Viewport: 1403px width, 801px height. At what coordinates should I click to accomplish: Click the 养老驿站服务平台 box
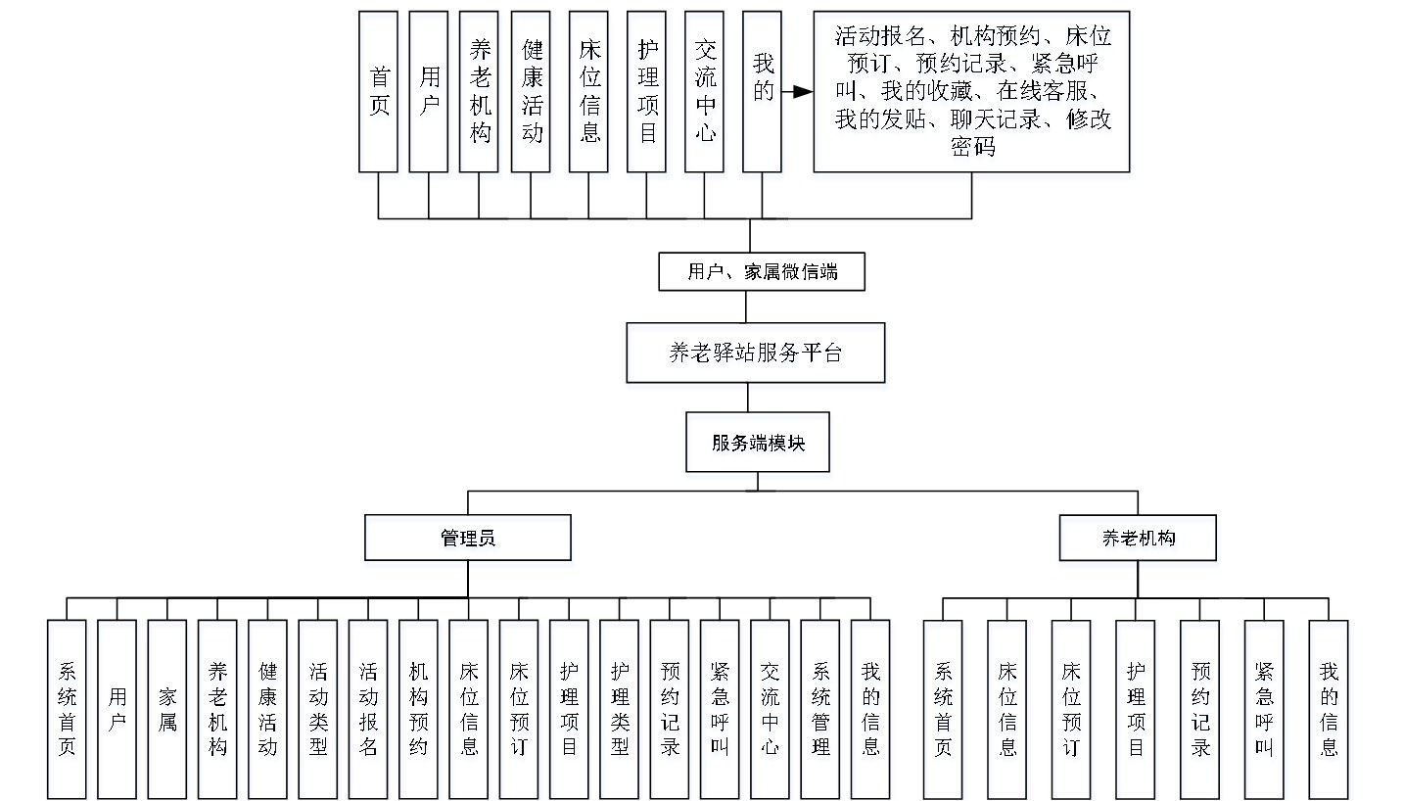coord(755,353)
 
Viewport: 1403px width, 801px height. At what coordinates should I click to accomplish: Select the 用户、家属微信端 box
coord(762,272)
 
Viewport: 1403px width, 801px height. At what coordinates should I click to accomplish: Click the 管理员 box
coord(468,538)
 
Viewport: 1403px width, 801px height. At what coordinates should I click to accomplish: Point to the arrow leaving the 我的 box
coord(797,92)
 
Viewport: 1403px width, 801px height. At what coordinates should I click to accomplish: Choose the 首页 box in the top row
coord(379,92)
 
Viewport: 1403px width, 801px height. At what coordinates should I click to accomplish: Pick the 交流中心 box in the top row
coord(705,92)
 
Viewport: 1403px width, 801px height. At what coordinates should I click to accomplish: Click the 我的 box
coord(763,92)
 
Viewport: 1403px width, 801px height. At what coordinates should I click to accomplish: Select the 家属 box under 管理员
coord(167,708)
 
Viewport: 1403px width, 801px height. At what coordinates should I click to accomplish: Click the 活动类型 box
coord(318,708)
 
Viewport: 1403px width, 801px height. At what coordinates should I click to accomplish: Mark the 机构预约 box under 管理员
coord(418,708)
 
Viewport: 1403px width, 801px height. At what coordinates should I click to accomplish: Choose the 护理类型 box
coord(620,708)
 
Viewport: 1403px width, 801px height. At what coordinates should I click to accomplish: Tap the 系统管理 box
coord(820,708)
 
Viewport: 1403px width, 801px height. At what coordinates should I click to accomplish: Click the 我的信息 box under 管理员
coord(870,708)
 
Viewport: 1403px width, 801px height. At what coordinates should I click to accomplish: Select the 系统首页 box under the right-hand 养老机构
coord(944,708)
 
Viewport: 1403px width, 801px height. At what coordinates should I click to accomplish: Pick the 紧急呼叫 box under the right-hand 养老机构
coord(1264,708)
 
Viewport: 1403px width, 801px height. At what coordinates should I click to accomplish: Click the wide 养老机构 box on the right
coord(1138,538)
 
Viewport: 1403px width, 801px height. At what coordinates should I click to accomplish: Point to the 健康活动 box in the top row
coord(532,92)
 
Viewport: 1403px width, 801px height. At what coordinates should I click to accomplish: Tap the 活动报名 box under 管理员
coord(368,708)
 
